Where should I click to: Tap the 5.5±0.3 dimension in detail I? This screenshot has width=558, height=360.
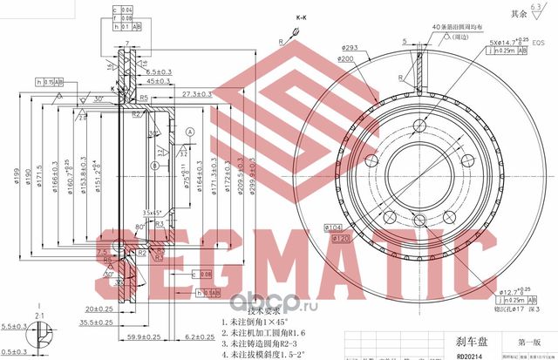(17, 324)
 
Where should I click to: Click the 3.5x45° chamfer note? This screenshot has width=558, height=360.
(155, 212)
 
